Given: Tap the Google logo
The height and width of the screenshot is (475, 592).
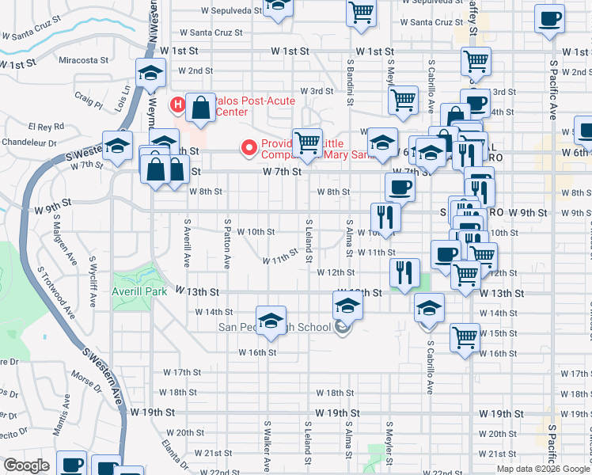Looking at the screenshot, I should [x=26, y=465].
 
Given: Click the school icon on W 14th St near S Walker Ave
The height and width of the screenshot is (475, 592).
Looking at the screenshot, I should [x=271, y=319].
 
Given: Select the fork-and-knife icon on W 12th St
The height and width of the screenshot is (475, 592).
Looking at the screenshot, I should [x=404, y=272].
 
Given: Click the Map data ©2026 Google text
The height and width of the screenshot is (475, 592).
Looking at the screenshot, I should [x=541, y=469].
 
